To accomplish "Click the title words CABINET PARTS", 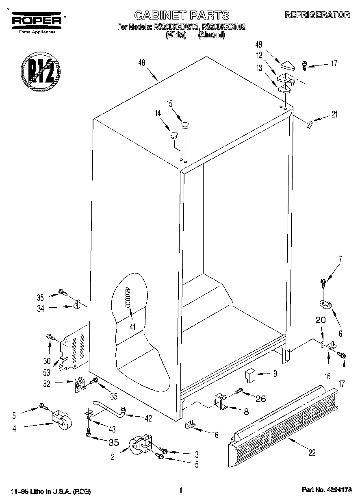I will (x=182, y=15).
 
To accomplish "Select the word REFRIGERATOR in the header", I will (x=317, y=15).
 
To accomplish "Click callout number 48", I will (x=142, y=63).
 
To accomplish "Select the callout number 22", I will (x=312, y=452).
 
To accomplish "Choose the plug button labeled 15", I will (x=185, y=125).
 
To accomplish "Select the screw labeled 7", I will (x=323, y=281).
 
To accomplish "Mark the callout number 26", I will (x=260, y=398).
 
